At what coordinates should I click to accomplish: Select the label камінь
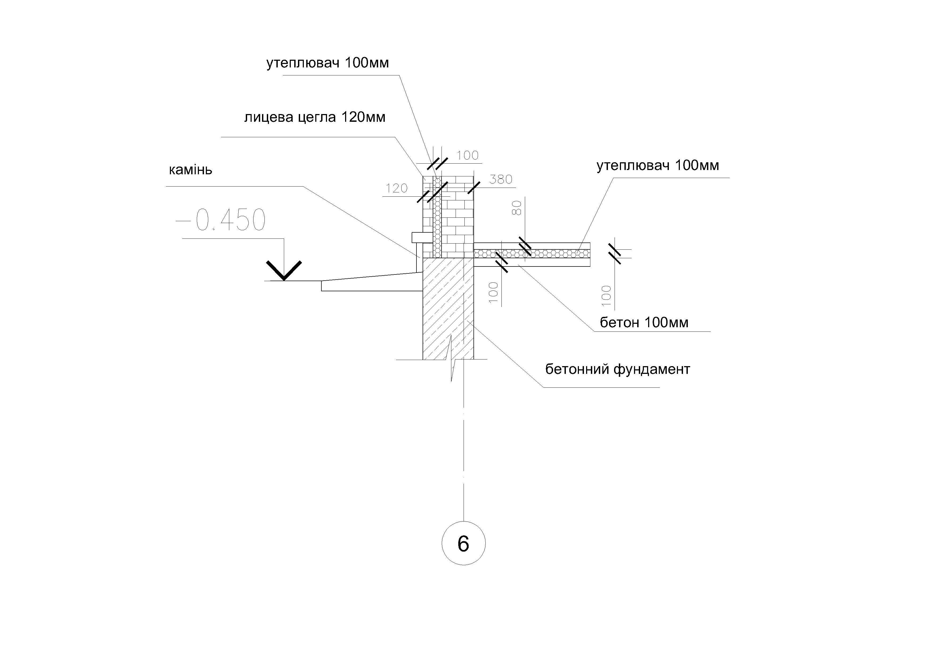pyautogui.click(x=190, y=169)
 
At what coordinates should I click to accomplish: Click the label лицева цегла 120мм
pyautogui.click(x=315, y=117)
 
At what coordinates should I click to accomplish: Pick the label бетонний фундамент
pyautogui.click(x=618, y=369)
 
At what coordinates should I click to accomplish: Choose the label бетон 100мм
pyautogui.click(x=644, y=322)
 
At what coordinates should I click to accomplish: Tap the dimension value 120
pyautogui.click(x=396, y=188)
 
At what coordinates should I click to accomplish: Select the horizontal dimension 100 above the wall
pyautogui.click(x=468, y=155)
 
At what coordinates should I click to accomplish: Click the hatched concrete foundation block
pyautogui.click(x=448, y=309)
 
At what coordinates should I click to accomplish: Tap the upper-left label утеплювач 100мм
pyautogui.click(x=327, y=63)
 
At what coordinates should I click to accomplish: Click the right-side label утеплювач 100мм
pyautogui.click(x=658, y=165)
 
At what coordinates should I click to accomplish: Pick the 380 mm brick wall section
pyautogui.click(x=457, y=217)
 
